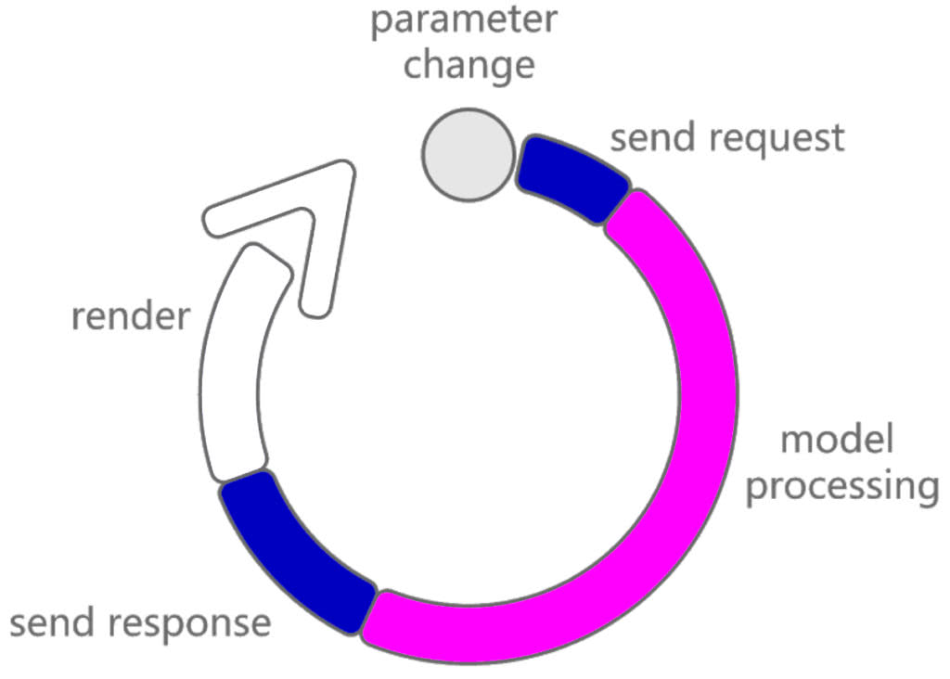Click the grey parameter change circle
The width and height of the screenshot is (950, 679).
[469, 154]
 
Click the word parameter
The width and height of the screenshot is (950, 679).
[463, 20]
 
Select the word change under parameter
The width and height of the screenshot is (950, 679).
[469, 67]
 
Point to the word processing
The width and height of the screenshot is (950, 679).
[841, 487]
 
